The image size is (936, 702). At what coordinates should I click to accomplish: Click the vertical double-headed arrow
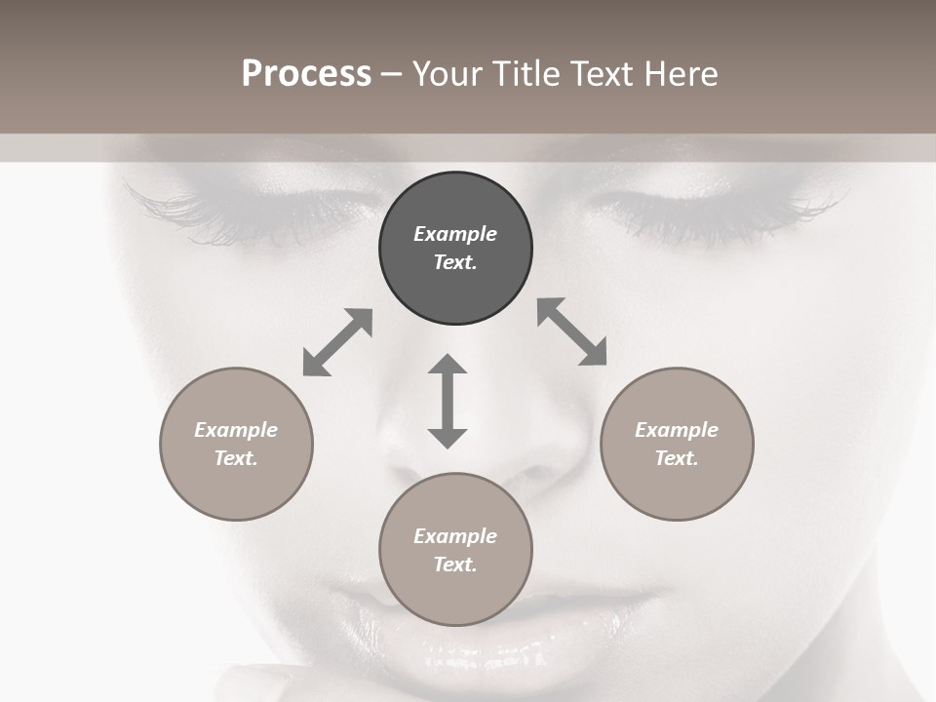448,401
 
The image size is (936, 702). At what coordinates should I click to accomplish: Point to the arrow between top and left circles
337,342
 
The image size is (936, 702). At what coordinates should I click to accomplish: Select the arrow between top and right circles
571,332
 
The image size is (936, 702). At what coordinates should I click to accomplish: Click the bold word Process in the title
306,74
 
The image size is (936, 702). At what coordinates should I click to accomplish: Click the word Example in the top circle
455,234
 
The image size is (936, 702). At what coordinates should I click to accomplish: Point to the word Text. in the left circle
236,458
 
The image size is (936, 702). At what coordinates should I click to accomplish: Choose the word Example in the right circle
677,430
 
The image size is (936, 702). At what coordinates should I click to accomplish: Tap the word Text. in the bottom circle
455,565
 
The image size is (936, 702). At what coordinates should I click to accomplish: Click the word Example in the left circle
236,430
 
